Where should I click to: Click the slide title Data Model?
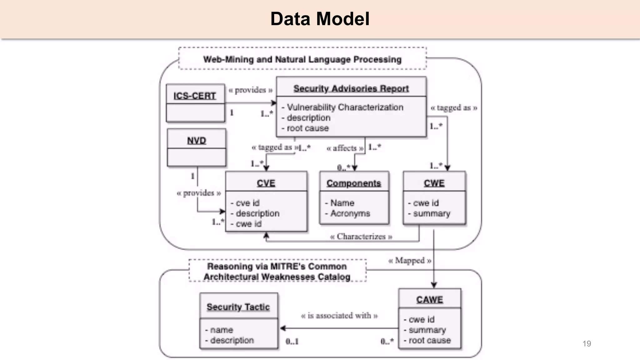point(320,19)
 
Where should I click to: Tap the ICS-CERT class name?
point(195,96)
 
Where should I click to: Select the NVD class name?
point(197,141)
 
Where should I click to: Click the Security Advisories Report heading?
point(351,88)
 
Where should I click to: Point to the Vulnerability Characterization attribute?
point(345,107)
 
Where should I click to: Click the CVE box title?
point(266,183)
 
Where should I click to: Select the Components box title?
point(354,183)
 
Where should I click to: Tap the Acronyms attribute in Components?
point(350,213)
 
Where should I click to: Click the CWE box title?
point(434,183)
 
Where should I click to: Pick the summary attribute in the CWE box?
point(431,213)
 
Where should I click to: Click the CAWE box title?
point(429,300)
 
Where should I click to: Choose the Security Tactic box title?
point(238,307)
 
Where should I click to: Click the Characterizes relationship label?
point(361,237)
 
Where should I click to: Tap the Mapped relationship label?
point(410,260)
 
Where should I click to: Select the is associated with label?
point(339,316)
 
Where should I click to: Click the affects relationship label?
point(345,148)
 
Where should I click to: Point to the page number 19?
point(587,344)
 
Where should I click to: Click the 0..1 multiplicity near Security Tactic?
point(292,342)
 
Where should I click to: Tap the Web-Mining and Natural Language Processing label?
point(302,59)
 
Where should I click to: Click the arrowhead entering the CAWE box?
point(434,285)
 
